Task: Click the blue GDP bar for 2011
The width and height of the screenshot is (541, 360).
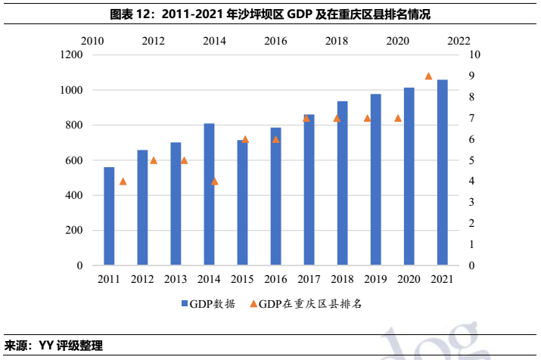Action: (x=109, y=216)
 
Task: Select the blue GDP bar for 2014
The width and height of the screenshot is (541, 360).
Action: (x=209, y=194)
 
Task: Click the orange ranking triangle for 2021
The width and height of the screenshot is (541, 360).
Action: (x=428, y=76)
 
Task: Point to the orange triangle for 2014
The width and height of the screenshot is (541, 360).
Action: (x=215, y=182)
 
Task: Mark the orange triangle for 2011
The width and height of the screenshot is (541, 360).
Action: (x=123, y=182)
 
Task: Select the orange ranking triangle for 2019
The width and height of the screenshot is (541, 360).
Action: (x=367, y=119)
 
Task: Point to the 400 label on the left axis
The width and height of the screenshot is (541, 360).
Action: (x=73, y=196)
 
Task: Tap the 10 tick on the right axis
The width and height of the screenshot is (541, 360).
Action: (x=475, y=55)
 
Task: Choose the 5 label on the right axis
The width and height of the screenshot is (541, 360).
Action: (x=473, y=160)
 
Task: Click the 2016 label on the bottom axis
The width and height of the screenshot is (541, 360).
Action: (x=275, y=280)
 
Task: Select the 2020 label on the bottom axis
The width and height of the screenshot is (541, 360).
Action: (x=409, y=280)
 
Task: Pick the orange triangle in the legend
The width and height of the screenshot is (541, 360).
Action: (x=253, y=304)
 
